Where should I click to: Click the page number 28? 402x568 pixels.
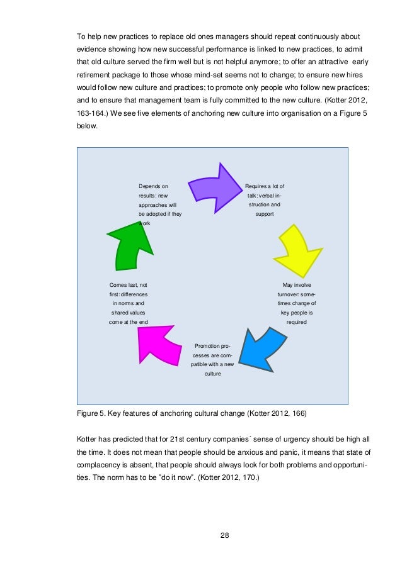[224, 535]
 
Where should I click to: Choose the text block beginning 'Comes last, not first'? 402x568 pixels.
[129, 303]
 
